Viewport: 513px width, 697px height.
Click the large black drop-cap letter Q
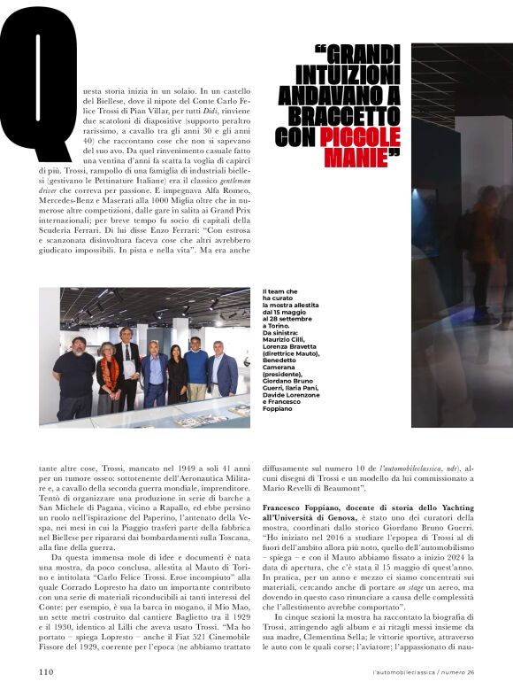click(x=40, y=84)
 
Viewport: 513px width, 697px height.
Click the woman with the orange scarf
click(x=109, y=376)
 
